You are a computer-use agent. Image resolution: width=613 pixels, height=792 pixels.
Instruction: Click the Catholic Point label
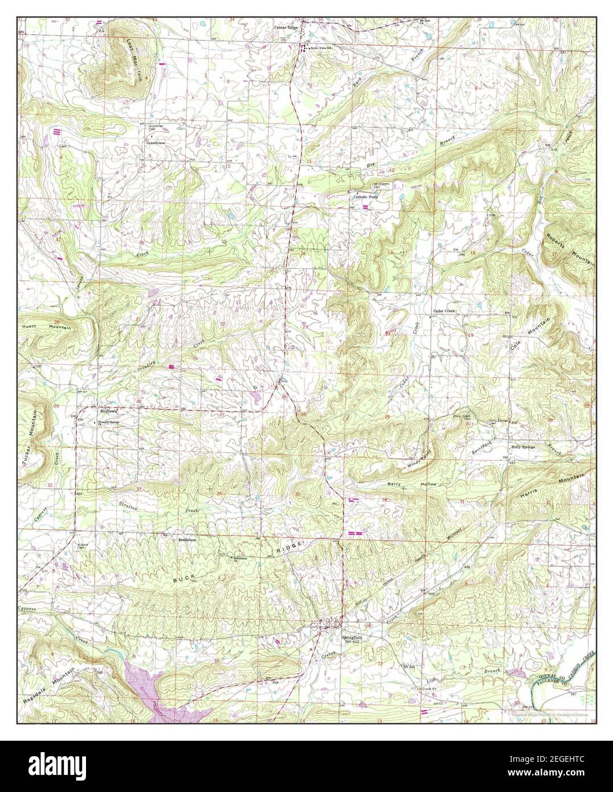[365, 197]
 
